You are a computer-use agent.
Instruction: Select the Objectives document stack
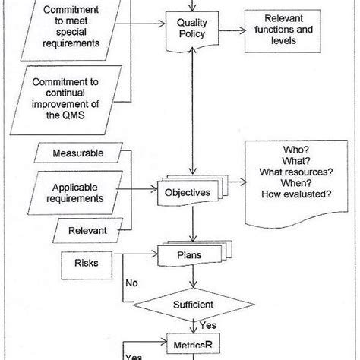[188, 193]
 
